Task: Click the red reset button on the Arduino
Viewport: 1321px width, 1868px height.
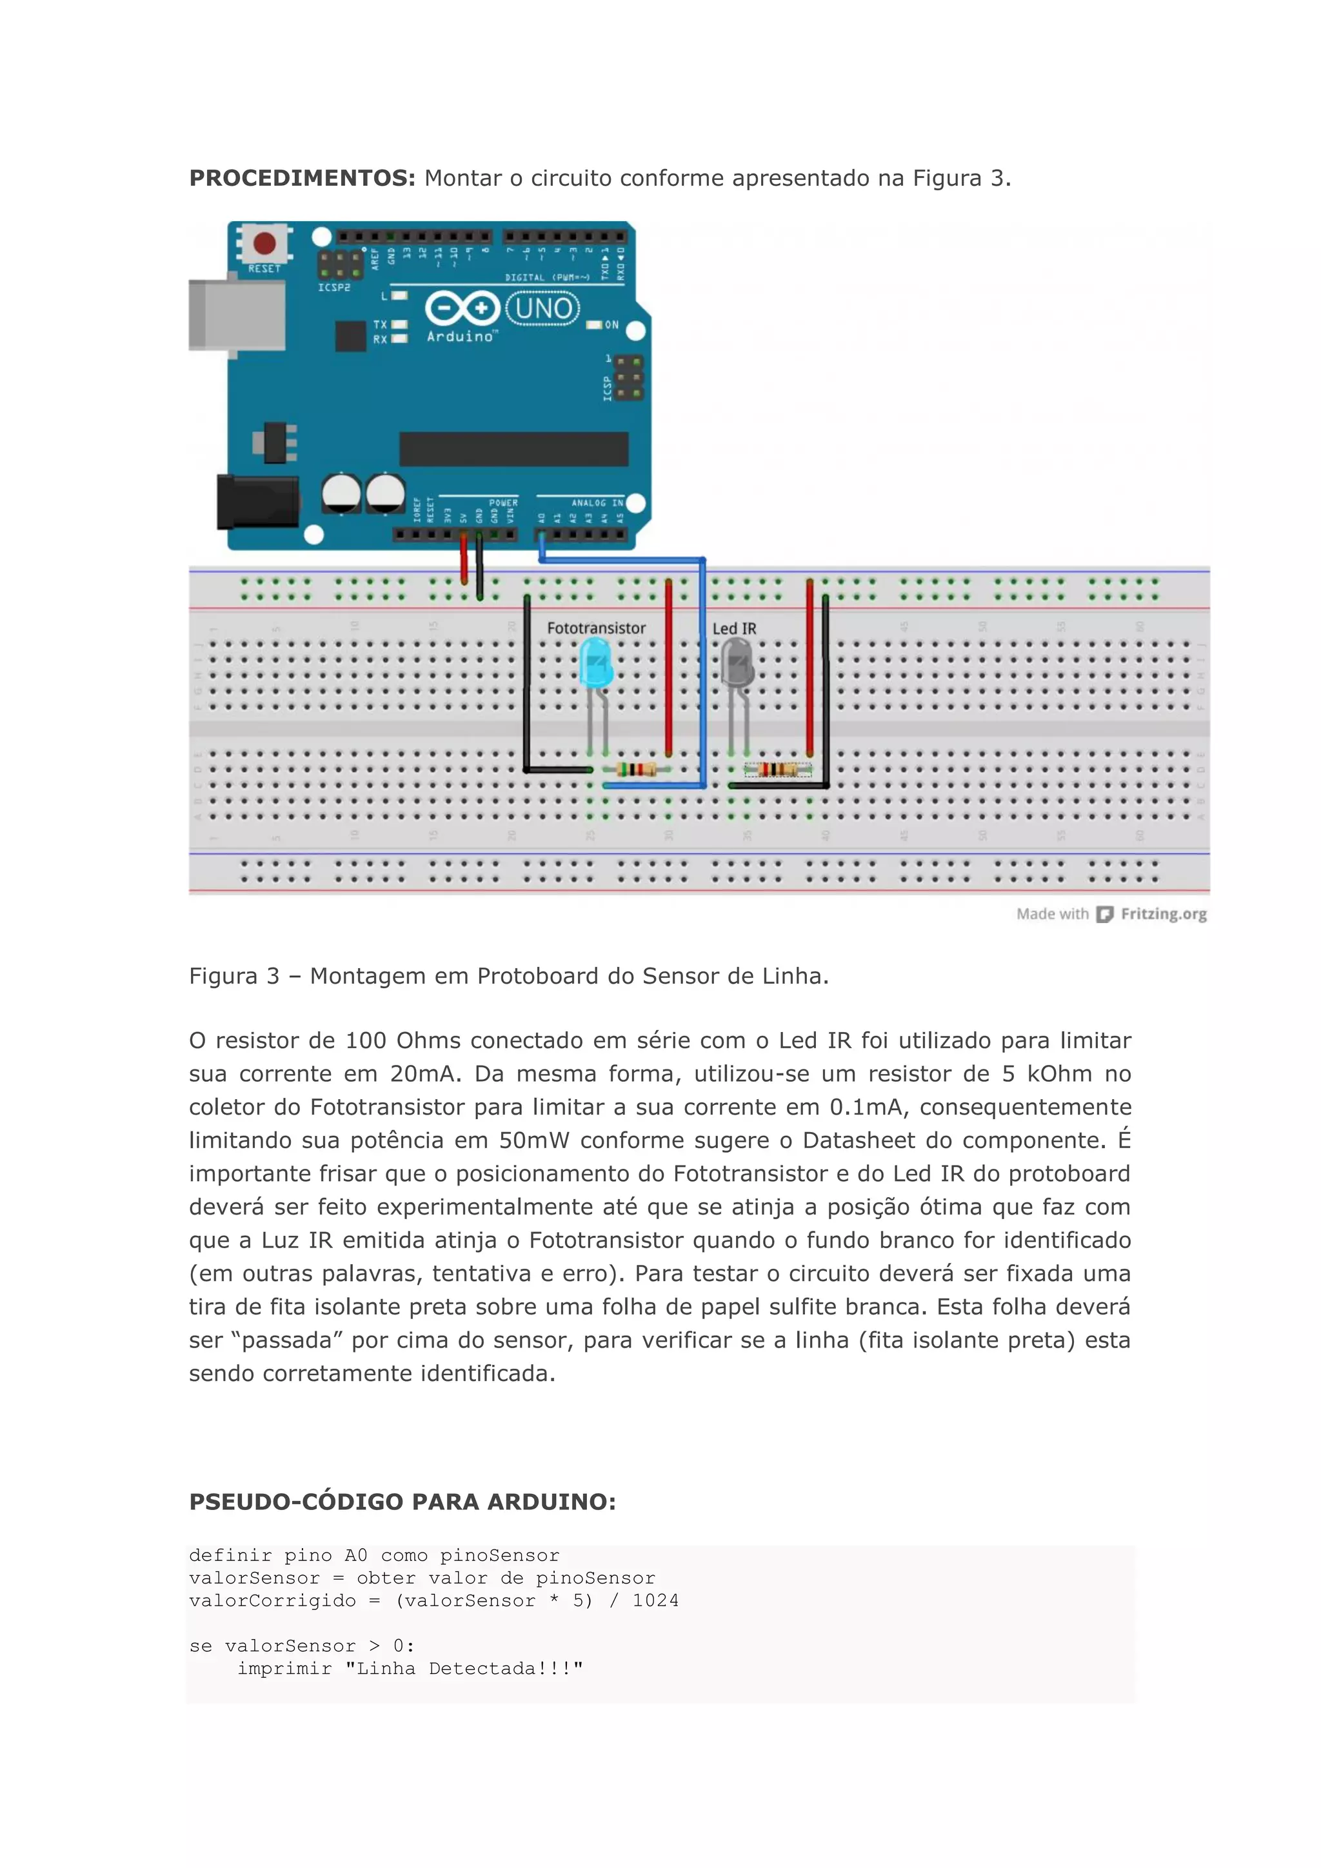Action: pyautogui.click(x=264, y=243)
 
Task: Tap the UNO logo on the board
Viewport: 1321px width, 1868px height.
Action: pyautogui.click(x=542, y=309)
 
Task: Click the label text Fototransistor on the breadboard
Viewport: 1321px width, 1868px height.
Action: pyautogui.click(x=596, y=628)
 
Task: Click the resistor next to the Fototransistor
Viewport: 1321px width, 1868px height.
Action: pyautogui.click(x=636, y=769)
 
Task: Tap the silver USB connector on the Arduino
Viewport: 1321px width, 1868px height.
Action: pyautogui.click(x=236, y=315)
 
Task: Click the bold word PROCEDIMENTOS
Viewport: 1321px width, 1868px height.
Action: pyautogui.click(x=302, y=178)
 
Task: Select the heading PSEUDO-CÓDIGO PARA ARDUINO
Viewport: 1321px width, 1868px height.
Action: pyautogui.click(x=402, y=1502)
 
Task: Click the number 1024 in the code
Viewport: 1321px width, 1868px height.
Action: pyautogui.click(x=655, y=1600)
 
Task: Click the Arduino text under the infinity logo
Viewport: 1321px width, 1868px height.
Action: pyautogui.click(x=460, y=337)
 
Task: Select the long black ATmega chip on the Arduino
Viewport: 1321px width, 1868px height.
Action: pyautogui.click(x=513, y=448)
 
